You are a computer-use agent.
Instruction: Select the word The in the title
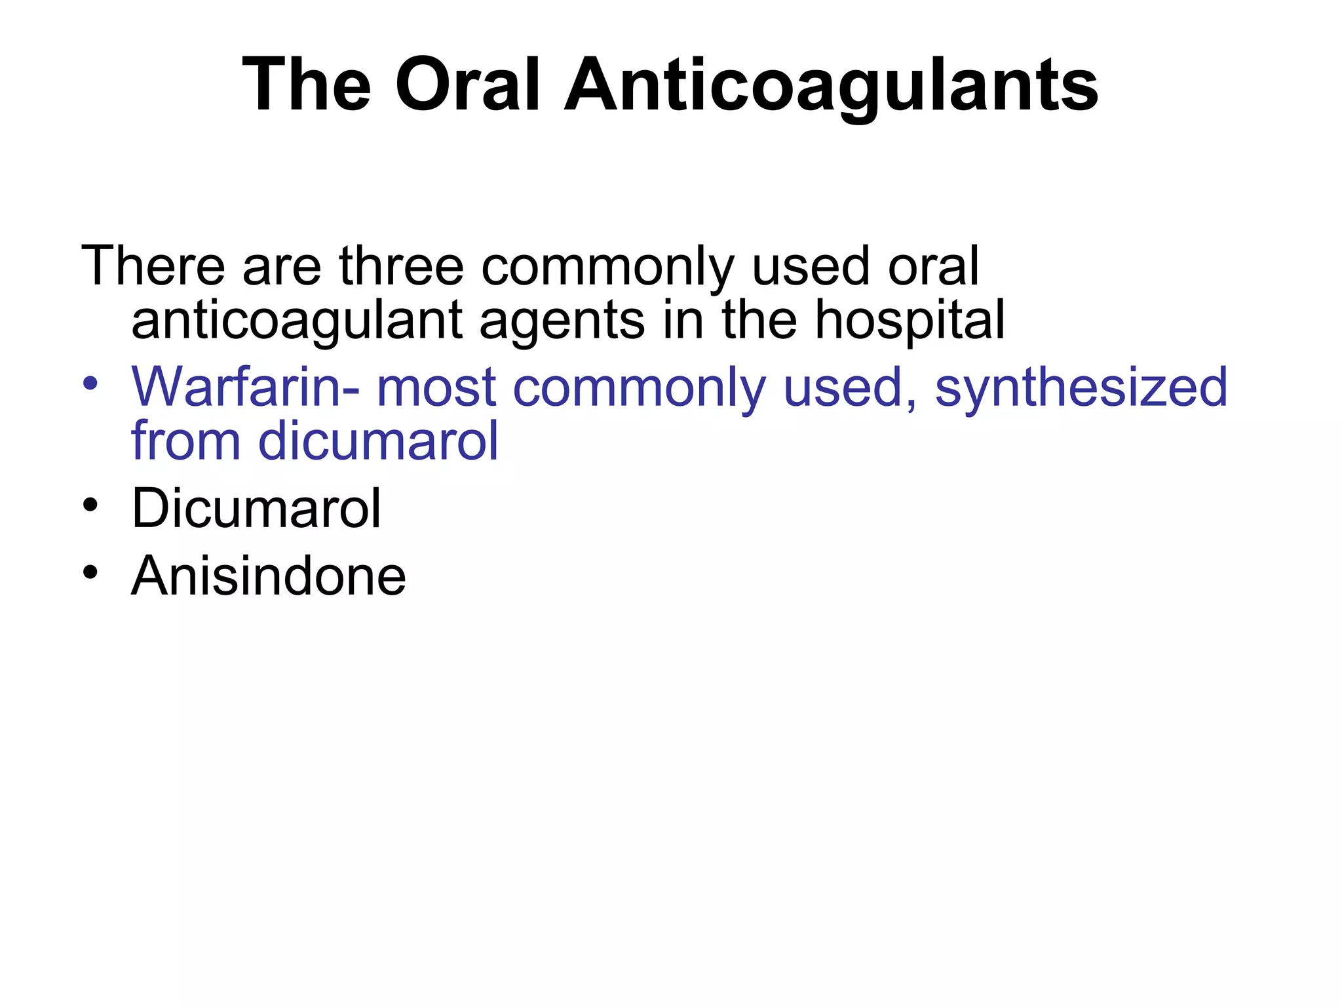pos(307,85)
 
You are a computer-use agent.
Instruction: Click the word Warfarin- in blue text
pos(245,387)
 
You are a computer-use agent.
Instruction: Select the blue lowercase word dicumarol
pos(379,441)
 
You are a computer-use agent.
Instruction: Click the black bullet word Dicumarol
pos(256,508)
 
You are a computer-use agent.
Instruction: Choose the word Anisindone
pos(269,576)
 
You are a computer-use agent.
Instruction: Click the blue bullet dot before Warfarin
pos(90,383)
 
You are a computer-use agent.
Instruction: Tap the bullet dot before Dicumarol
pos(90,505)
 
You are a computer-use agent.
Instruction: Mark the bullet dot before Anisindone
pos(90,572)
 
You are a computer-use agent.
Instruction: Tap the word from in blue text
pos(185,441)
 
